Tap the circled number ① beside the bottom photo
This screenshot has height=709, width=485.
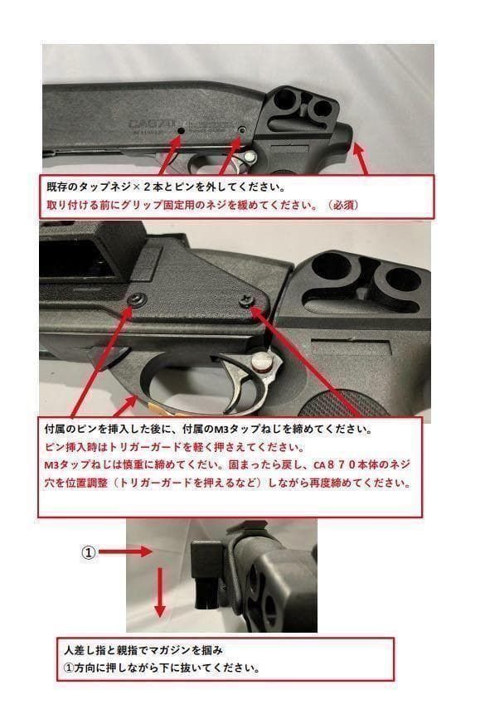click(90, 551)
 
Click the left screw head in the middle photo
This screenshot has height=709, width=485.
click(135, 299)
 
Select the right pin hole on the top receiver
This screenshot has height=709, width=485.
click(241, 131)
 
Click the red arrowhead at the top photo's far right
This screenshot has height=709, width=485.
click(358, 148)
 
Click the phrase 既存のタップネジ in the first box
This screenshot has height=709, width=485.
click(82, 187)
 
